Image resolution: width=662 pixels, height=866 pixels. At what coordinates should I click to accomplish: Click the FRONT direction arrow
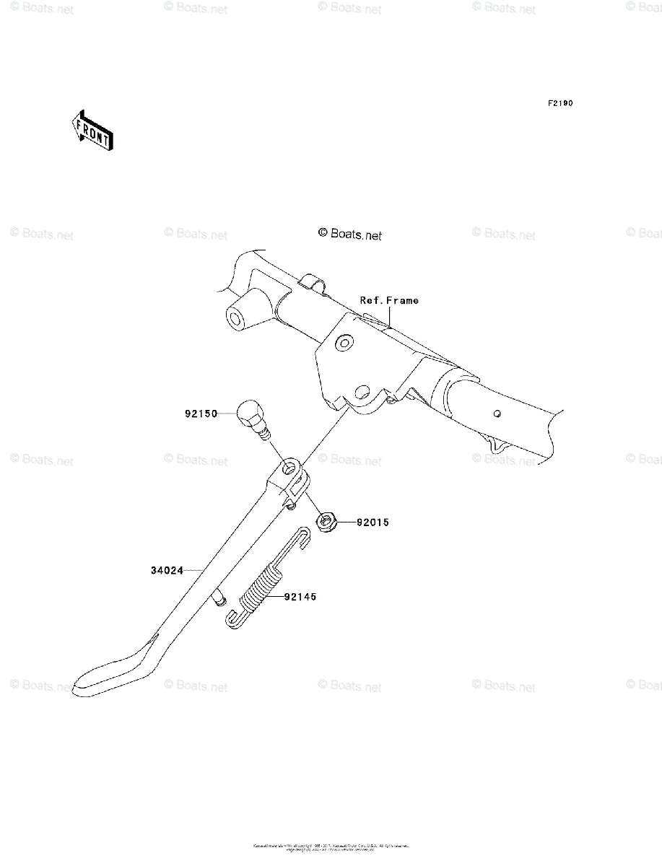pyautogui.click(x=92, y=131)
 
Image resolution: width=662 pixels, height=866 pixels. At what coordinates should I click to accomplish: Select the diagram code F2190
pyautogui.click(x=559, y=104)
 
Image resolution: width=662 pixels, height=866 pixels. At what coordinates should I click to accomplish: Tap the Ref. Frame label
pyautogui.click(x=389, y=300)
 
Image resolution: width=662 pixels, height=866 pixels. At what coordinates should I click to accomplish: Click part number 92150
pyautogui.click(x=201, y=414)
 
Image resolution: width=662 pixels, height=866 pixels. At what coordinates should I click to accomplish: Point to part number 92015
pyautogui.click(x=372, y=522)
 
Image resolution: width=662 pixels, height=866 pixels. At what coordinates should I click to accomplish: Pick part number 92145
pyautogui.click(x=300, y=597)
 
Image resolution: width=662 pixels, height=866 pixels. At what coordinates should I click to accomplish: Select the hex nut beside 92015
pyautogui.click(x=326, y=521)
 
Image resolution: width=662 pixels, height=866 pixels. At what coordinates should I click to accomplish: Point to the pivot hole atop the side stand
pyautogui.click(x=291, y=469)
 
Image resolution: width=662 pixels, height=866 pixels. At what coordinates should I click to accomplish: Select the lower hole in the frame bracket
pyautogui.click(x=362, y=394)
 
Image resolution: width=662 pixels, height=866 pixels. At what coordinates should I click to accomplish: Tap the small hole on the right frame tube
pyautogui.click(x=497, y=414)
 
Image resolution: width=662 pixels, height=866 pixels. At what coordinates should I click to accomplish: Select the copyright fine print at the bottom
pyautogui.click(x=331, y=847)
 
